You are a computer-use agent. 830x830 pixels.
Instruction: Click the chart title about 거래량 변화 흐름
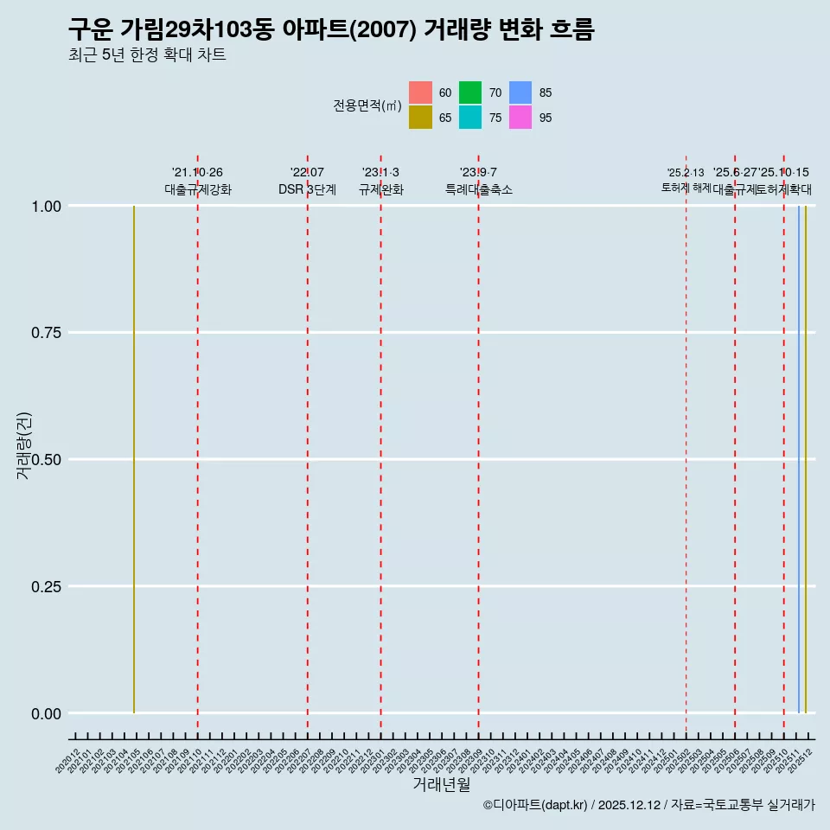point(331,29)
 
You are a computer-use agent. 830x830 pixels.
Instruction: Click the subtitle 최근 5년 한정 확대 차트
point(147,55)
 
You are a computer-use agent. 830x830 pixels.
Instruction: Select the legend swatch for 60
point(420,93)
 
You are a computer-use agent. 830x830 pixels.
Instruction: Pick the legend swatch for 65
point(420,118)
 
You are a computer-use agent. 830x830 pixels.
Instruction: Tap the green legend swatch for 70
point(470,93)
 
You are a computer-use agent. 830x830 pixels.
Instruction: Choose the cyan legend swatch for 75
point(470,118)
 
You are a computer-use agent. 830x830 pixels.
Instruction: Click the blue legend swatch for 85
point(520,93)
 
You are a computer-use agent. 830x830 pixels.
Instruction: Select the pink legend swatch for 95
point(520,118)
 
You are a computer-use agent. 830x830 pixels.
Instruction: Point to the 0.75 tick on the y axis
point(47,333)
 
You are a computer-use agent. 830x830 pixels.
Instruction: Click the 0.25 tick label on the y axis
point(47,587)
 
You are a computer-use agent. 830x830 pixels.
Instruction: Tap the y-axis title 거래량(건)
point(23,445)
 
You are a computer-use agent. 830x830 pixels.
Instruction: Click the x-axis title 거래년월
point(441,784)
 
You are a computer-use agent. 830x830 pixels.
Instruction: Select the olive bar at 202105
point(134,458)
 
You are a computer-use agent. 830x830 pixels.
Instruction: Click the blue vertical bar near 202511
point(798,458)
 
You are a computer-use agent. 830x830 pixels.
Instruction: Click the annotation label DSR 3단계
point(307,189)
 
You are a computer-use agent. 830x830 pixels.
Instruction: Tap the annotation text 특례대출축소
point(478,189)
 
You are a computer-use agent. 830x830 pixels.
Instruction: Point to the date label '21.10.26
point(197,173)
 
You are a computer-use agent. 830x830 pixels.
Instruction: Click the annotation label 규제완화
point(380,189)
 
